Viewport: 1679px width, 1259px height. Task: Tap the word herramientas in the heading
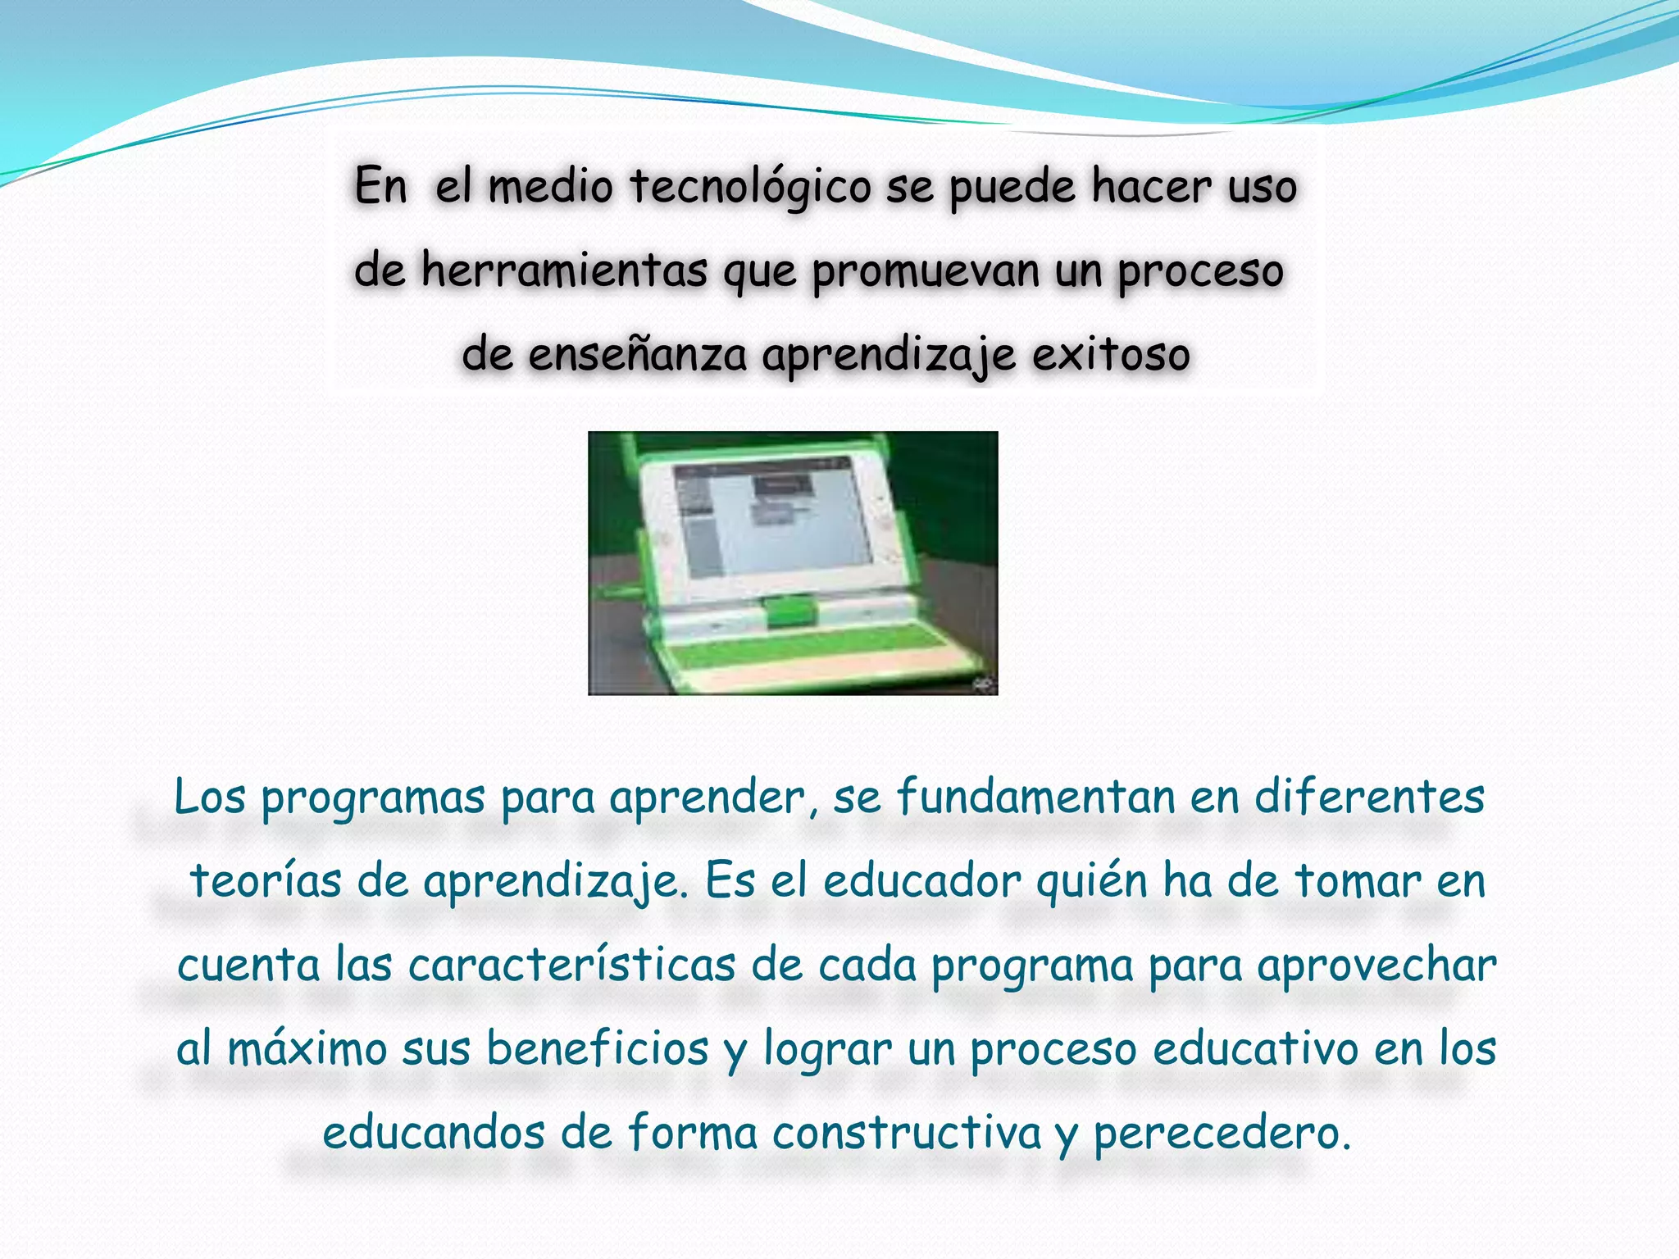click(x=563, y=270)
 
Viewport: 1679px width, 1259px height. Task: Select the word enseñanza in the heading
click(x=637, y=355)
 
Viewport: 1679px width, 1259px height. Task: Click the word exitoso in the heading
click(x=1111, y=355)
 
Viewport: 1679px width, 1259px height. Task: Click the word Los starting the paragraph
click(x=210, y=797)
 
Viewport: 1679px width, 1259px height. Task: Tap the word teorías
click(x=265, y=882)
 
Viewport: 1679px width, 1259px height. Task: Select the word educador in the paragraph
click(x=921, y=882)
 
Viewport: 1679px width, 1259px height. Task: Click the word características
click(x=571, y=966)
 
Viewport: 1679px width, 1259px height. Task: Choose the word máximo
click(x=307, y=1050)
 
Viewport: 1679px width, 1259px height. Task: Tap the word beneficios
click(x=597, y=1050)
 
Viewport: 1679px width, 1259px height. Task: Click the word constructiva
click(x=906, y=1134)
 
